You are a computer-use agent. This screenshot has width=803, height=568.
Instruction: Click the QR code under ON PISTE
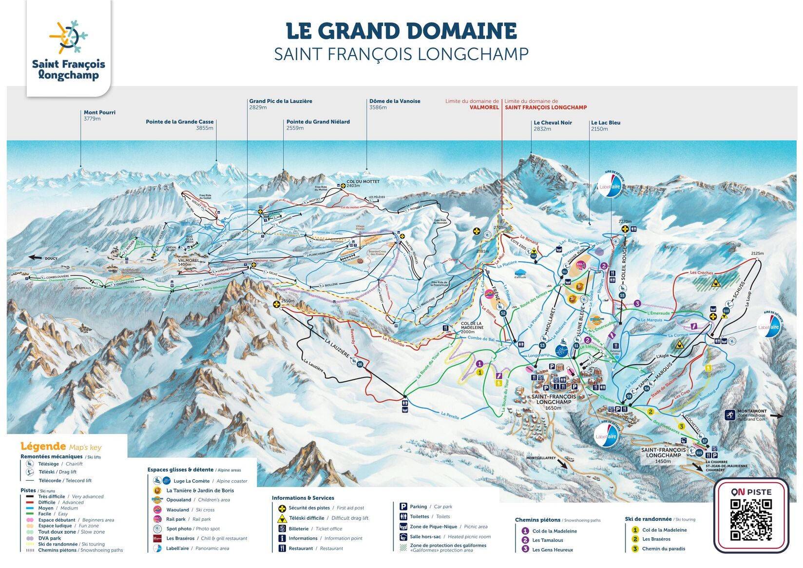(x=751, y=520)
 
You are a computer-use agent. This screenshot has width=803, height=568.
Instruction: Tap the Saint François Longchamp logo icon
(x=68, y=37)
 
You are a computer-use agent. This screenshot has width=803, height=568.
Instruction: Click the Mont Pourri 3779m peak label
(x=99, y=115)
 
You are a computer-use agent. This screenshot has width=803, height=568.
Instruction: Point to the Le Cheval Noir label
(x=553, y=123)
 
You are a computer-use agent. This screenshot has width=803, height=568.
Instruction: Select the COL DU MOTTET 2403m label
(x=363, y=183)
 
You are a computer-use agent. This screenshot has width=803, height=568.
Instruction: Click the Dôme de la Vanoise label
(x=395, y=101)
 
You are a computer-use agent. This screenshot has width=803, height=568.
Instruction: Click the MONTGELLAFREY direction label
(x=541, y=458)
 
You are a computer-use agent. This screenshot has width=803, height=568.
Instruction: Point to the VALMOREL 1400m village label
(x=188, y=262)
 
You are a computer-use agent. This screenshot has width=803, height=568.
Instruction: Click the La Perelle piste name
(x=450, y=415)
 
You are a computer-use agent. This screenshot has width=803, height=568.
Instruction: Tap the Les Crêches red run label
(x=701, y=273)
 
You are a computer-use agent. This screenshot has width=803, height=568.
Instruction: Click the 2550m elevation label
(x=287, y=301)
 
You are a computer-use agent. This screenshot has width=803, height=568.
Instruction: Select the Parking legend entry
(x=418, y=507)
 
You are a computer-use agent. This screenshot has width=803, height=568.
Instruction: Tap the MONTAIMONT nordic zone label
(x=751, y=411)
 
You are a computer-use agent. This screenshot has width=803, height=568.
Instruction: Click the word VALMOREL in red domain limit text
(x=484, y=107)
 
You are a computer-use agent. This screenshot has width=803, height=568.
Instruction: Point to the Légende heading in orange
(x=43, y=446)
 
